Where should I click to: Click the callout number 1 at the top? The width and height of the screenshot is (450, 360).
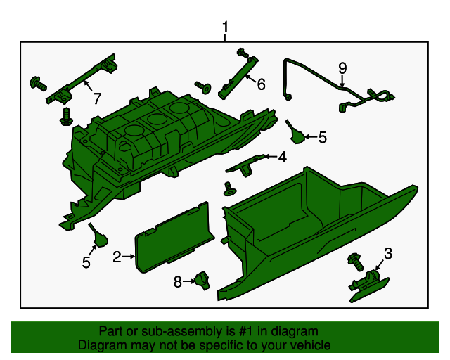(225, 27)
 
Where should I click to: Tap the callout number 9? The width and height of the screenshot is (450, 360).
(342, 67)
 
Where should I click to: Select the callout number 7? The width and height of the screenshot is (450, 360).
(96, 98)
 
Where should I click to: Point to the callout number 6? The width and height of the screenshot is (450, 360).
(261, 85)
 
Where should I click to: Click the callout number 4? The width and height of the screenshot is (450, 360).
(282, 157)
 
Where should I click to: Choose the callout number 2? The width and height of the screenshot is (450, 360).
(117, 257)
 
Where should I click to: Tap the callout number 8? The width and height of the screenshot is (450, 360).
(178, 281)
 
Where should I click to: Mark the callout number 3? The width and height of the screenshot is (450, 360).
(387, 253)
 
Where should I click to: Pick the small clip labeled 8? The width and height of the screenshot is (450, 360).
(203, 280)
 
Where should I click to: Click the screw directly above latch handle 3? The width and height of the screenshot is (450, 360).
(354, 264)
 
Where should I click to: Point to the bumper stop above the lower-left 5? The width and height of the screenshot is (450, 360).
(98, 236)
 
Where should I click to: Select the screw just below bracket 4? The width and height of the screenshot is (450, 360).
(229, 188)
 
